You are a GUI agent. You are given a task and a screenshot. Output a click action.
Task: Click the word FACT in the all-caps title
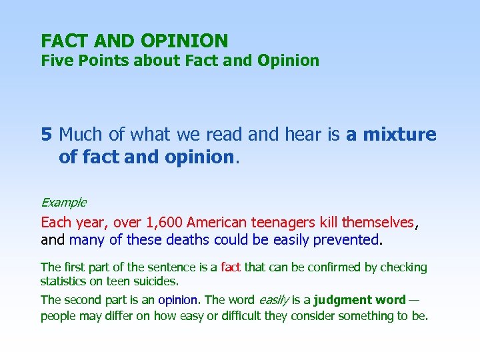(x=60, y=41)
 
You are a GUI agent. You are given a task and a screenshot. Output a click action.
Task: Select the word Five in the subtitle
(x=55, y=61)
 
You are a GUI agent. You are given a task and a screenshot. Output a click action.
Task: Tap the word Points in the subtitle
(x=99, y=61)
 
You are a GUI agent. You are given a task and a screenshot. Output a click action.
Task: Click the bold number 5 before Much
(x=46, y=135)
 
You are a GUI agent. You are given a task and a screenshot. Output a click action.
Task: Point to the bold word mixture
(x=399, y=135)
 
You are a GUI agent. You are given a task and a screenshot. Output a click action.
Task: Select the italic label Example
(x=63, y=202)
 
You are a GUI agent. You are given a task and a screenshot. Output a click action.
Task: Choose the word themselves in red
(x=378, y=222)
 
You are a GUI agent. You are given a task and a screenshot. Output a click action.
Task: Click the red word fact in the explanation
(x=231, y=267)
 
